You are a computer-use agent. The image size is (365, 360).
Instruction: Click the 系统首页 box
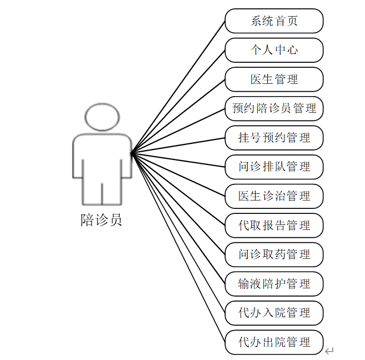click(x=274, y=21)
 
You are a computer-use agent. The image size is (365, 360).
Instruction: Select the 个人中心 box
click(x=274, y=50)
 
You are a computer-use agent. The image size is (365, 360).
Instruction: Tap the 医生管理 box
click(x=274, y=79)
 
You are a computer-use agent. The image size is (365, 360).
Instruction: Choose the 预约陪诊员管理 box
click(x=274, y=108)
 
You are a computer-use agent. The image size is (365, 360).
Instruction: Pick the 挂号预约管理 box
click(x=274, y=138)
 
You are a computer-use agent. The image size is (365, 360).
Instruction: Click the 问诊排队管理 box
click(x=274, y=167)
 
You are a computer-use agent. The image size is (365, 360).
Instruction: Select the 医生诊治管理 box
click(x=274, y=196)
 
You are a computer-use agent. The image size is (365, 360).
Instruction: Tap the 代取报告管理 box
click(x=274, y=226)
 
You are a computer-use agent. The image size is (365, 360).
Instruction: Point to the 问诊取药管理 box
click(x=274, y=254)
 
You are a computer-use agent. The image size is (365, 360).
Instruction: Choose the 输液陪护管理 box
click(x=274, y=284)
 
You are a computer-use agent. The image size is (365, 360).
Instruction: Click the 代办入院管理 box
click(x=274, y=313)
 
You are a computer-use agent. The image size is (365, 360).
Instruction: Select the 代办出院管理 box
click(x=274, y=342)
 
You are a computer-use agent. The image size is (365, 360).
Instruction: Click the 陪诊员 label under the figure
click(x=101, y=221)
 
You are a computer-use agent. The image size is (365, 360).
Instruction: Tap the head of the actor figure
click(x=102, y=116)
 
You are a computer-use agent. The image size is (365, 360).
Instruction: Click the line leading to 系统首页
click(x=178, y=88)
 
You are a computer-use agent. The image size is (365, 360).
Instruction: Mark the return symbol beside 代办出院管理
click(x=329, y=351)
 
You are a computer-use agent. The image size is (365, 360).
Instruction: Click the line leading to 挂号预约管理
click(x=178, y=144)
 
